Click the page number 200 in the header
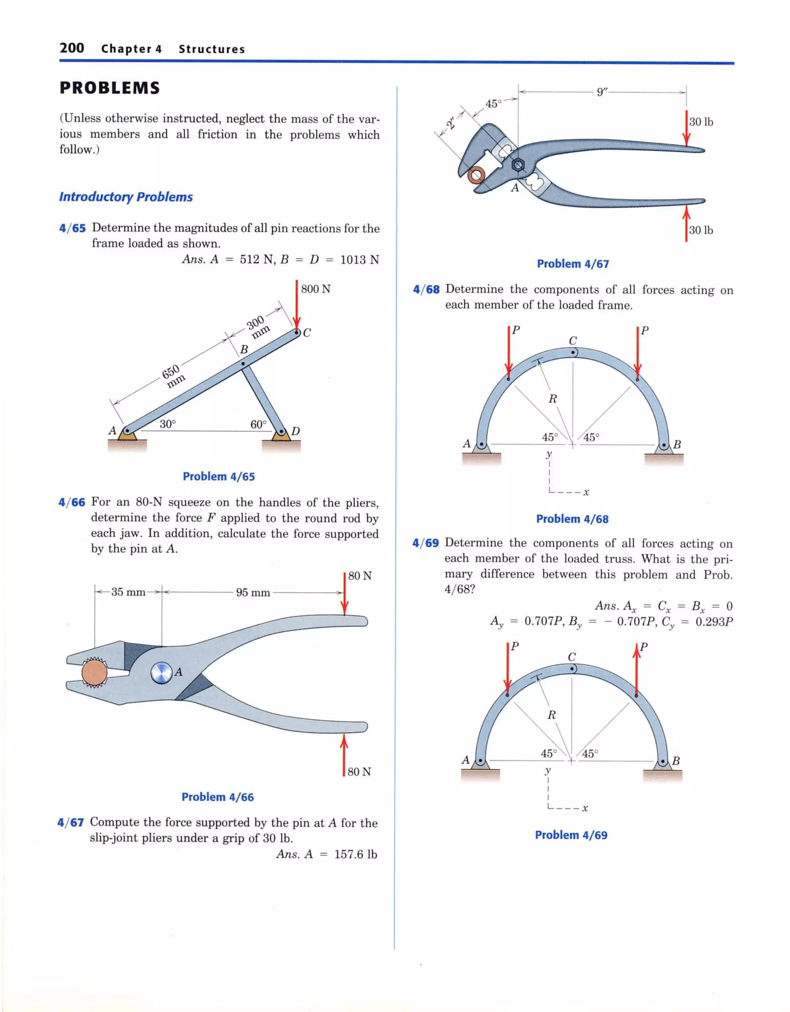pos(72,48)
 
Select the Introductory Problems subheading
pos(126,197)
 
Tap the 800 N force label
pos(316,289)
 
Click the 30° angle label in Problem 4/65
pos(167,424)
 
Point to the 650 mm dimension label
pos(173,375)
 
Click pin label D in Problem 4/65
pos(295,431)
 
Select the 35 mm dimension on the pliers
pos(128,592)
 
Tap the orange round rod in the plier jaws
pos(95,672)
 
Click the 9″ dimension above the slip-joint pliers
pos(602,92)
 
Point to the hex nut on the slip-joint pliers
pos(518,164)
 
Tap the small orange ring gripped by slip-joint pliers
pos(476,176)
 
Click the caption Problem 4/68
pos(572,519)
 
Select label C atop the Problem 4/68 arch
pos(573,341)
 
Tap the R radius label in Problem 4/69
pos(551,715)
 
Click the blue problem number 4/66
pos(72,502)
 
